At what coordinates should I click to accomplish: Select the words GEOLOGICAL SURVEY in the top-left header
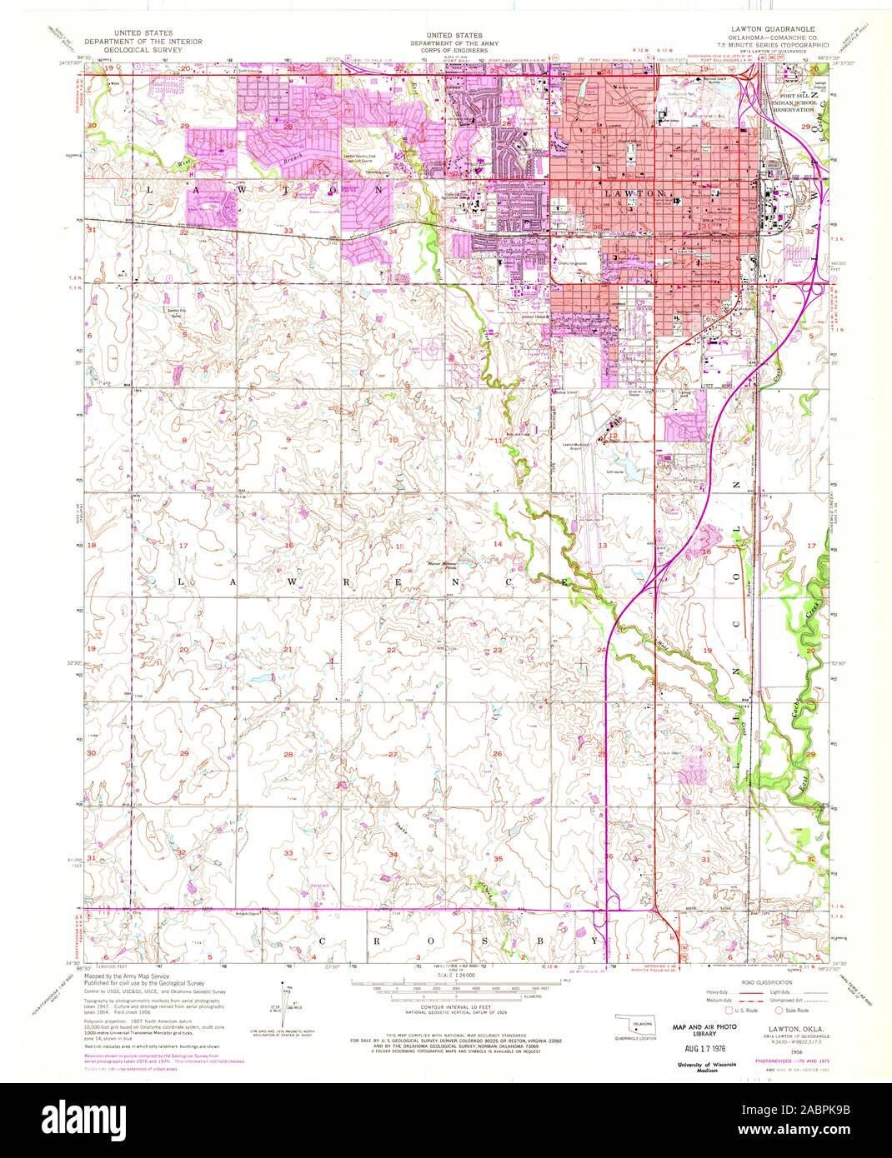[138, 49]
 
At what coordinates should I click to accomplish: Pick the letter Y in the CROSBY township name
[595, 940]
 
